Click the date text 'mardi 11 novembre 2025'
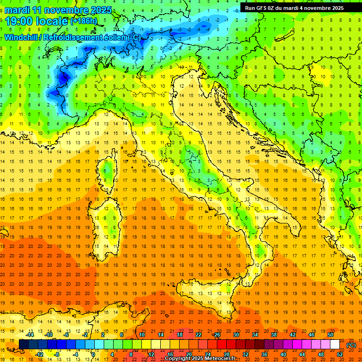[x=58, y=10]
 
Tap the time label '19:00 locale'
[x=37, y=21]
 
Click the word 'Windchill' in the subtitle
[x=22, y=37]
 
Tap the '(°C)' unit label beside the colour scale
[x=351, y=345]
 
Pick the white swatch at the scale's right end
[x=335, y=345]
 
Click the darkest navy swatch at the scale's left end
[x=24, y=345]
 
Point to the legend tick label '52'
[x=340, y=354]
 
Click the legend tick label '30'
[x=236, y=335]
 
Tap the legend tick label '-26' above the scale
[x=216, y=335]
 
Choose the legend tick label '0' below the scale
[x=93, y=354]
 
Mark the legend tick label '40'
[x=283, y=354]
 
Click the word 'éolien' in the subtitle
[x=103, y=37]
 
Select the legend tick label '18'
[x=180, y=335]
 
